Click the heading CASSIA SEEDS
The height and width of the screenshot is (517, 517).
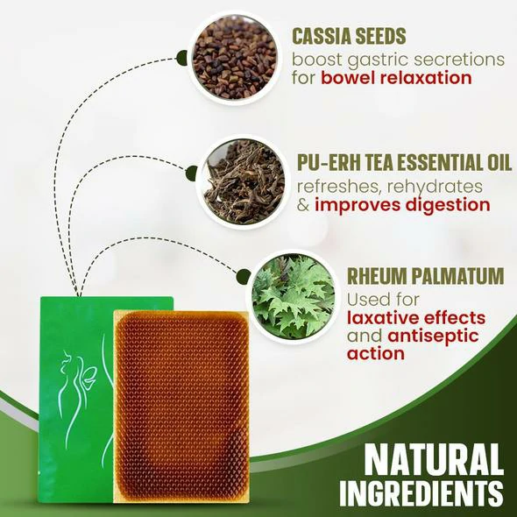point(349,36)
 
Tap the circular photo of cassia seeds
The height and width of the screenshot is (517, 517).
point(235,57)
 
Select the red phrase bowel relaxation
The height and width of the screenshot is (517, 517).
point(396,78)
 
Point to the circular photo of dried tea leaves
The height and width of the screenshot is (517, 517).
point(244,181)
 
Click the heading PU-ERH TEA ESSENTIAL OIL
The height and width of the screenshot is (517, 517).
point(404,162)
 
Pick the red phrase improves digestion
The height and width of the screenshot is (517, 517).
point(402,205)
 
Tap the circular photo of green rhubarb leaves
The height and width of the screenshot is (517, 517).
point(293,296)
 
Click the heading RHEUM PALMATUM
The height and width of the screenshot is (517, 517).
point(425,276)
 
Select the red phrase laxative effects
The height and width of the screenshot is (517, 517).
point(416,318)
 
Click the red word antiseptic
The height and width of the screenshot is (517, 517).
point(433,336)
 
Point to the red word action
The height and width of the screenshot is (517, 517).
point(376,353)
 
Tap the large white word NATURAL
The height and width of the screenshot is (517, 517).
point(434,460)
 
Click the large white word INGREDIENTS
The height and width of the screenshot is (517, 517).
point(421,494)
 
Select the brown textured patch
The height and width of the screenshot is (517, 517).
point(181,407)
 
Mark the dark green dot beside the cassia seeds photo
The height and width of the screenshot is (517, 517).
point(181,59)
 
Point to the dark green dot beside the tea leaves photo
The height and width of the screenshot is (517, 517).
point(191,174)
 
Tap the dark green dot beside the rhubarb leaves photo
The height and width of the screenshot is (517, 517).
point(244,276)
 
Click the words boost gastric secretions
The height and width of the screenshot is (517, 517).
point(398,60)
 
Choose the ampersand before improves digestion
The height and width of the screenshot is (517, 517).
point(303,205)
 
